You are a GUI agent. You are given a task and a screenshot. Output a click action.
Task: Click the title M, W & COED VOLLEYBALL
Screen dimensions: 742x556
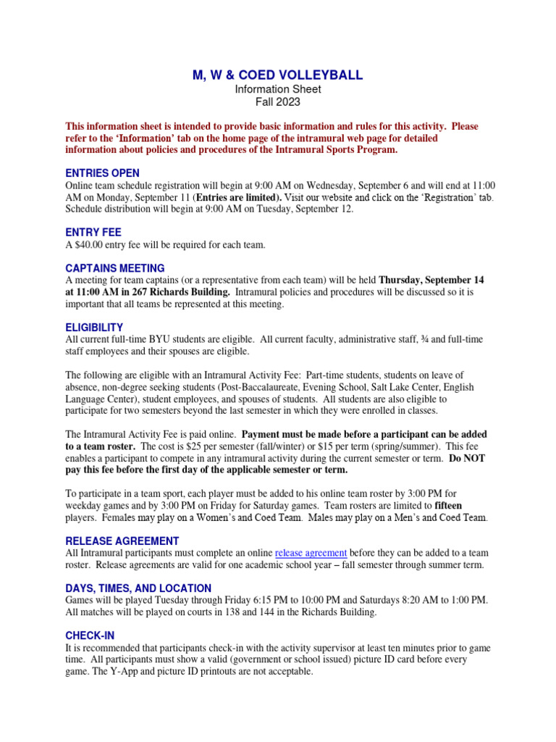point(277,75)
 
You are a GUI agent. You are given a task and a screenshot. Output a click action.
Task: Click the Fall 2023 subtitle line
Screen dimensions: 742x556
point(277,102)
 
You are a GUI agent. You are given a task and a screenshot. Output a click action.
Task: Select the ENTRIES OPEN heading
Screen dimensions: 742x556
point(102,173)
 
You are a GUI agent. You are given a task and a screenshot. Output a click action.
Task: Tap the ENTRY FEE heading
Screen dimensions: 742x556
point(93,233)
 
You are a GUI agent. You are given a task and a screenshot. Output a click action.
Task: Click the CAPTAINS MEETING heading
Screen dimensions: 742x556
point(114,268)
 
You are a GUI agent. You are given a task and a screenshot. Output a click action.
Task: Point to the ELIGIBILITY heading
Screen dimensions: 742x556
point(94,328)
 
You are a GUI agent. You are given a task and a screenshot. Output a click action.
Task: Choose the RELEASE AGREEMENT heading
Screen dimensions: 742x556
point(122,541)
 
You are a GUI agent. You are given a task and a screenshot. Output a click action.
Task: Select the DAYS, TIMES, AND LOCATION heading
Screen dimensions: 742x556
point(138,588)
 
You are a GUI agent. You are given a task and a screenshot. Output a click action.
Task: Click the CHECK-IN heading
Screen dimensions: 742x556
point(90,635)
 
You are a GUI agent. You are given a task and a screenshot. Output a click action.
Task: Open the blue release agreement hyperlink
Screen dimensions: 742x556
point(311,553)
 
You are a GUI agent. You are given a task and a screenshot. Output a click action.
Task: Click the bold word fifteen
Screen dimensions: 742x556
point(448,505)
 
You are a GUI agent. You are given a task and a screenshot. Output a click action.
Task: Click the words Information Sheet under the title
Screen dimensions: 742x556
point(277,89)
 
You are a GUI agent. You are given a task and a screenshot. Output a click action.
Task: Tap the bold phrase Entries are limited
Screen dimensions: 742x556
point(237,197)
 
